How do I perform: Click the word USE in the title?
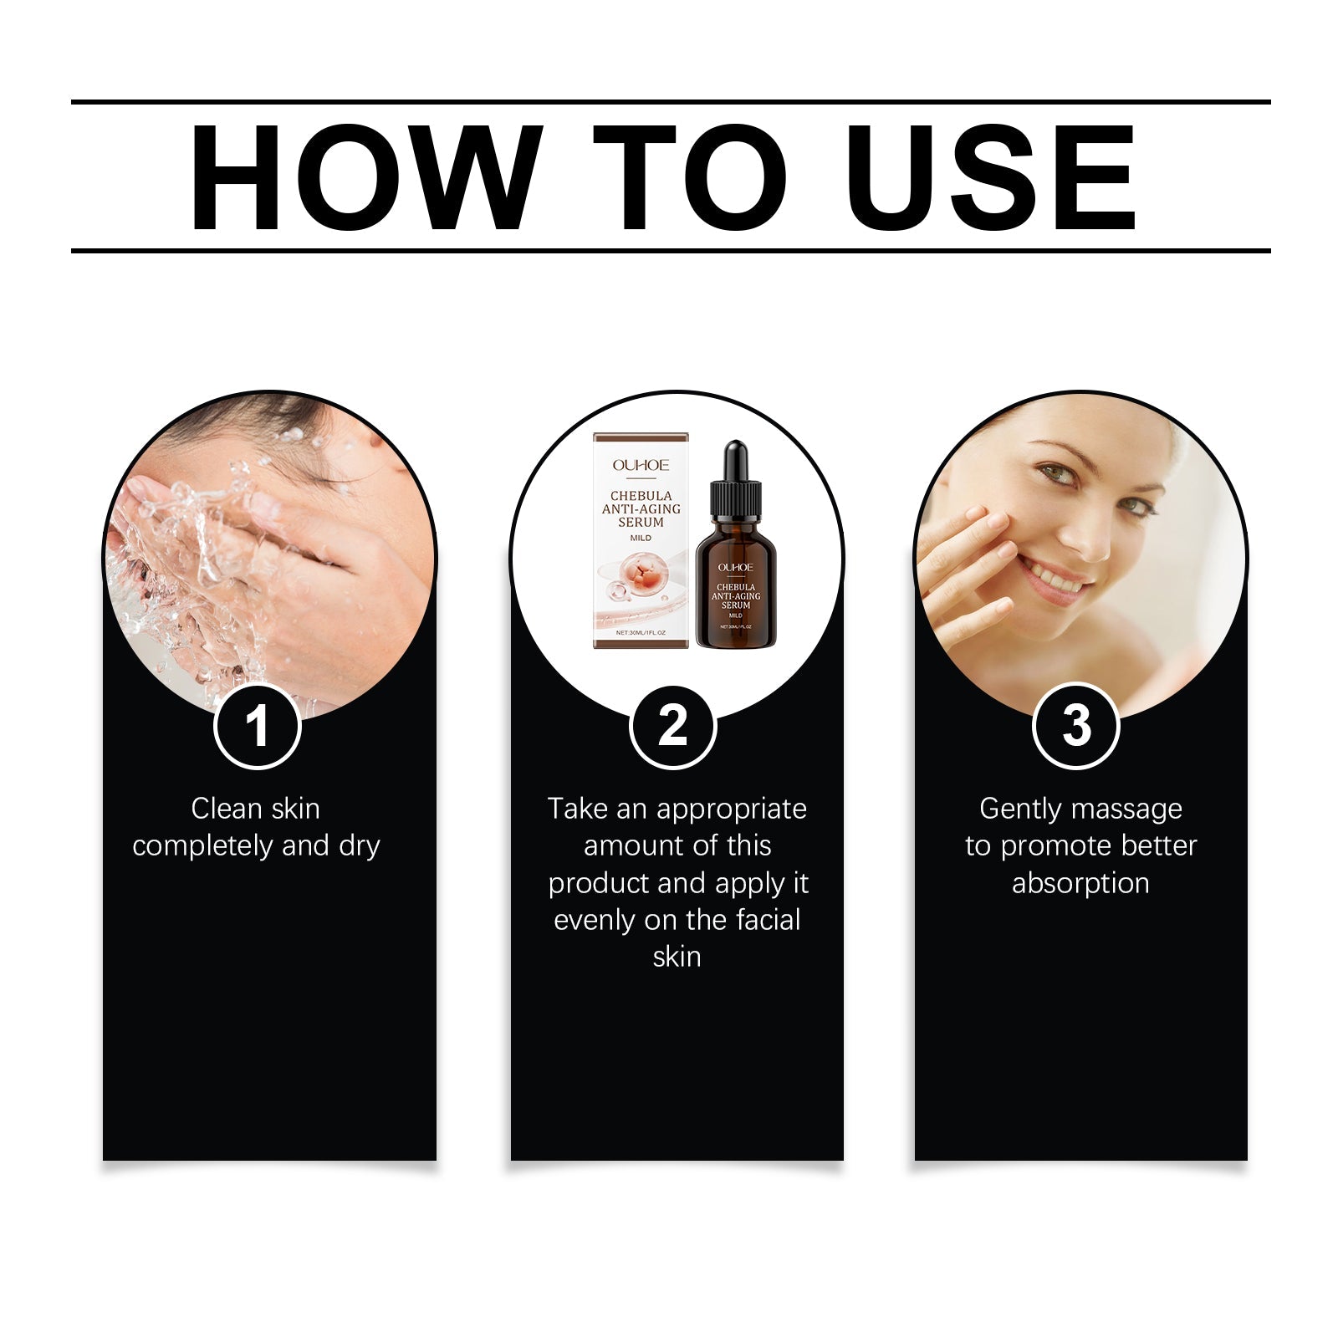click(993, 177)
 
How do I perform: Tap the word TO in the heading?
click(690, 177)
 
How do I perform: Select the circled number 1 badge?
click(258, 725)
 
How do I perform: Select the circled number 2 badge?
click(672, 725)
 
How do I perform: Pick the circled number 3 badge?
click(1076, 725)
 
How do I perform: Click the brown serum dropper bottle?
click(735, 585)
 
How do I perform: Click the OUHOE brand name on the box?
click(641, 465)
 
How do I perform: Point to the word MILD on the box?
click(641, 538)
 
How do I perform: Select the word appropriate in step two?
click(732, 809)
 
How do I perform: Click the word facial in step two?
click(768, 920)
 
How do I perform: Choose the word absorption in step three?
click(1080, 883)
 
